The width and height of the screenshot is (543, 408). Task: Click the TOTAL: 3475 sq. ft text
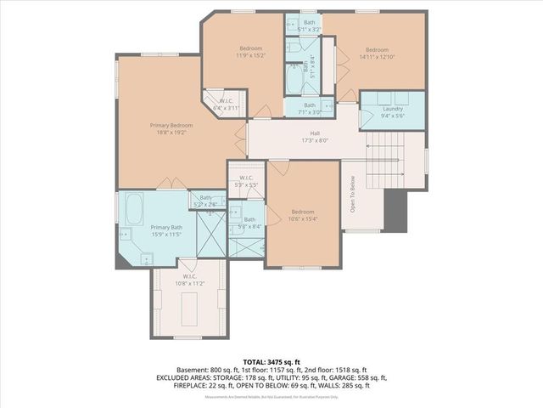click(271, 361)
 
